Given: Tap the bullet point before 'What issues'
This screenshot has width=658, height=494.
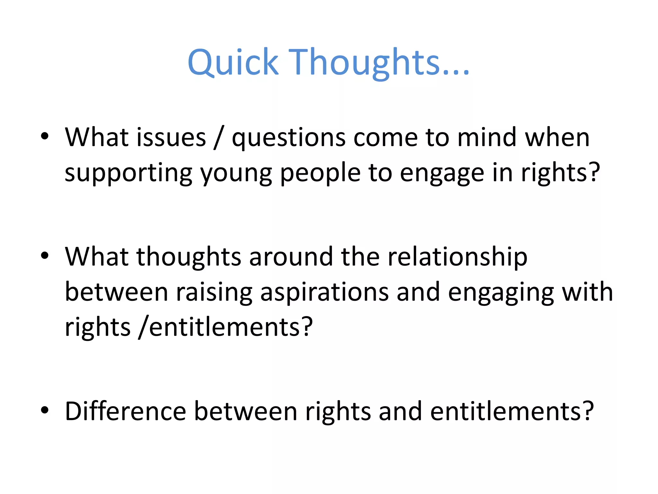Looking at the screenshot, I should [45, 136].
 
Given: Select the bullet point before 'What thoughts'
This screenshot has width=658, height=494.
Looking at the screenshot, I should [45, 256].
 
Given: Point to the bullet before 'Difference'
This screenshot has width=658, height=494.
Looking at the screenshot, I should [45, 410].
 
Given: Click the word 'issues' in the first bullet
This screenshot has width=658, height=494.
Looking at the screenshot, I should [171, 137].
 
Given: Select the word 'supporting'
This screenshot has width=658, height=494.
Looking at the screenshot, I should [128, 174].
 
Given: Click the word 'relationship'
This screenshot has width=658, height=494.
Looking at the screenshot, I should [458, 257].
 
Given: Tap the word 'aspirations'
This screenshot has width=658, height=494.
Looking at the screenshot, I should [325, 293].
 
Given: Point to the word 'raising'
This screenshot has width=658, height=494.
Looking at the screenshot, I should [214, 293].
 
